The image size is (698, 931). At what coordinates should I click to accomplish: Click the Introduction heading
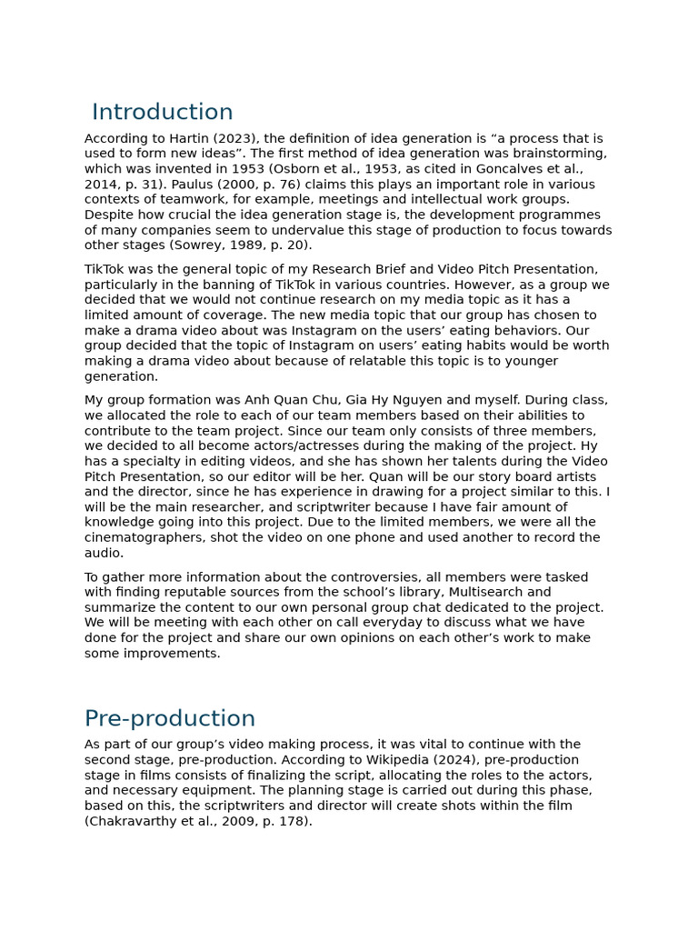(x=162, y=113)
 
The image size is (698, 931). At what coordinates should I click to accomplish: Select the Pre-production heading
(x=169, y=719)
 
